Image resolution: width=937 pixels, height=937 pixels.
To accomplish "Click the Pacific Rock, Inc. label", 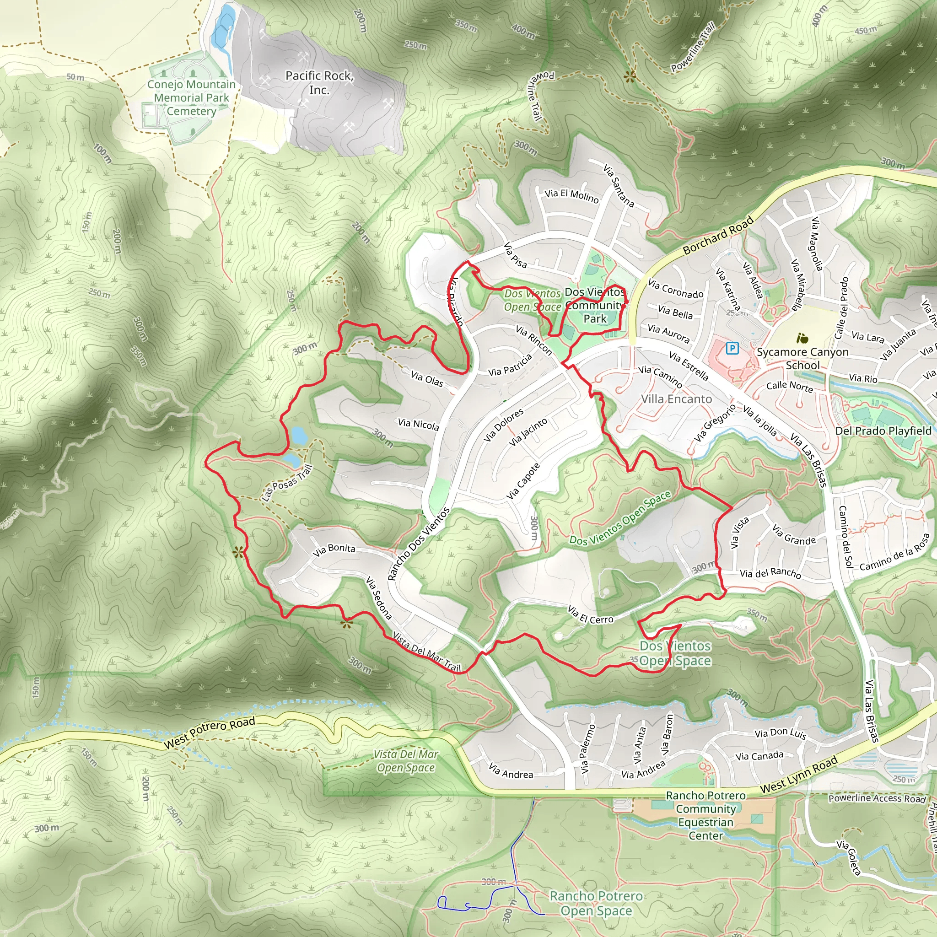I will point(319,82).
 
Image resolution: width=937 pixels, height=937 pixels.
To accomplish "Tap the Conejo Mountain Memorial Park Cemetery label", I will point(192,97).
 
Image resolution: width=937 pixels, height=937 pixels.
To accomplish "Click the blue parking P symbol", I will point(732,348).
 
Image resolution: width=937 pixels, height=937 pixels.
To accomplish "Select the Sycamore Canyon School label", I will point(802,358).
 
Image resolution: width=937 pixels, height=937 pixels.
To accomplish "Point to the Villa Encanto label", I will point(676,398).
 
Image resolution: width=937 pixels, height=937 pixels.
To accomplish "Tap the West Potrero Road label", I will point(209,733).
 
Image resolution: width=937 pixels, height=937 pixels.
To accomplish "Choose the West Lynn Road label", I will point(799,775).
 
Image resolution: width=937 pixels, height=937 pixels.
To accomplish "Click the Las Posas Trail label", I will point(286,483).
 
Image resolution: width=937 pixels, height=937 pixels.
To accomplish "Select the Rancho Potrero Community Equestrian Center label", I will point(705,815).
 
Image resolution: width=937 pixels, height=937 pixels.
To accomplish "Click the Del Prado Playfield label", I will point(883,431).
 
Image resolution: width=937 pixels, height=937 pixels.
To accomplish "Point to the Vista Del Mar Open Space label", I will point(405,761).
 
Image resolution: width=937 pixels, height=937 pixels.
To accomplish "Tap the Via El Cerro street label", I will point(590,614).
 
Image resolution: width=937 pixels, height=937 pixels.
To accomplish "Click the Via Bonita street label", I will point(334,549).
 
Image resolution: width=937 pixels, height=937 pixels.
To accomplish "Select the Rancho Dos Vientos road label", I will point(419,544).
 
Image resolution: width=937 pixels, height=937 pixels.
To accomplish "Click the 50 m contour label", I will point(75,77).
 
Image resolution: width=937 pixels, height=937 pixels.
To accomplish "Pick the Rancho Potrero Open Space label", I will point(596,903).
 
